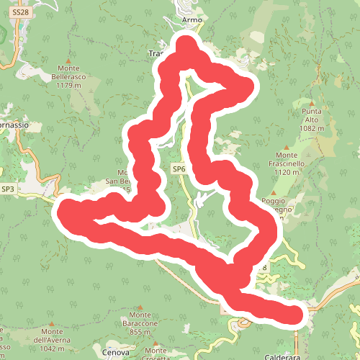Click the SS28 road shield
(x=21, y=12)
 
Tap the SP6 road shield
(x=179, y=168)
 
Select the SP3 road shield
(x=9, y=189)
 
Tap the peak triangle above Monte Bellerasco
(x=68, y=60)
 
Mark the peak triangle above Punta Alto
(x=312, y=104)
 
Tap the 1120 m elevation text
(x=287, y=172)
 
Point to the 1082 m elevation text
(x=312, y=128)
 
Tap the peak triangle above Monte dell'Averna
(x=50, y=324)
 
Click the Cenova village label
(x=115, y=353)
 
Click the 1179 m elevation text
(x=69, y=85)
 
